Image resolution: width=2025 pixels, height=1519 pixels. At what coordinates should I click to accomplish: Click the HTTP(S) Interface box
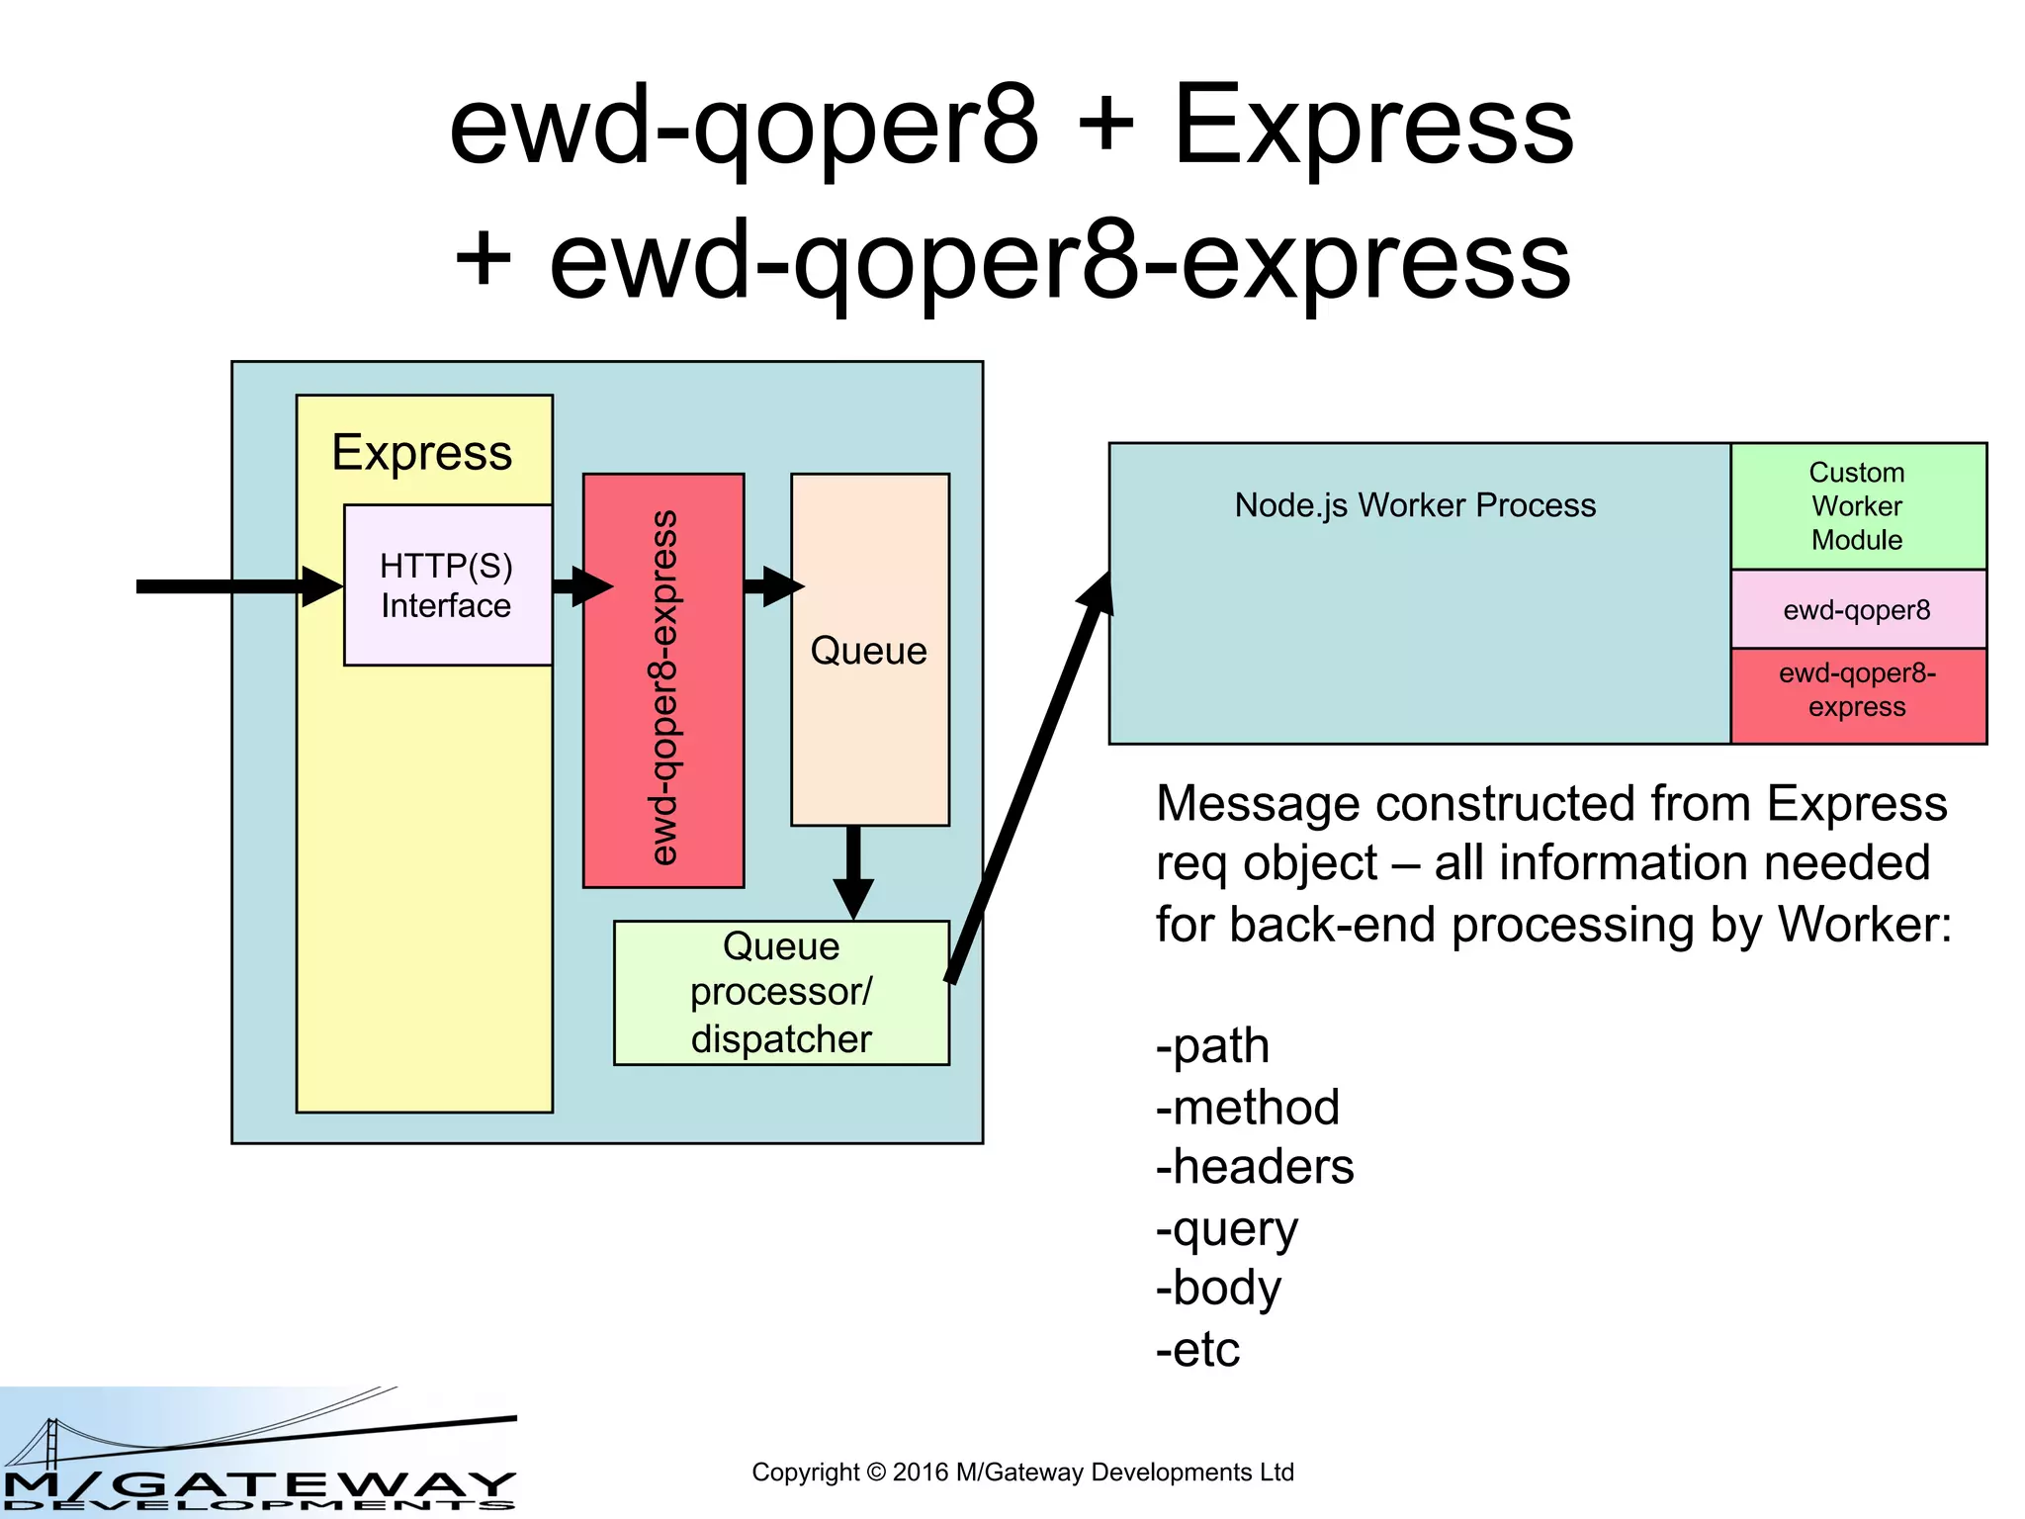(x=447, y=585)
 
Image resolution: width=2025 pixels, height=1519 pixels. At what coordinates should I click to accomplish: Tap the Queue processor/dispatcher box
(x=781, y=993)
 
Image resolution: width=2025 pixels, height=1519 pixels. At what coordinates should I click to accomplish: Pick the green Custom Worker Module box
(x=1857, y=506)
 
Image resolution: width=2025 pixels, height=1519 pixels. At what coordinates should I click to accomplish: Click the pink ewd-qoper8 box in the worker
(x=1857, y=609)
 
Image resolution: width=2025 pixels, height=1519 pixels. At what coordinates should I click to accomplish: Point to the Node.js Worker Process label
(x=1415, y=505)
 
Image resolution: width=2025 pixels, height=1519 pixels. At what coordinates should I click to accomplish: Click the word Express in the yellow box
(x=422, y=453)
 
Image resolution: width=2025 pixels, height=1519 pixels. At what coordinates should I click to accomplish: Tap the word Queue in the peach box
(x=869, y=651)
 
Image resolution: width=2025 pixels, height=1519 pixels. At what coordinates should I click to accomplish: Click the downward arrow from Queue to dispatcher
(x=853, y=870)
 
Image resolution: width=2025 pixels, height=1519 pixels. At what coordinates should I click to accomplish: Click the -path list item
(x=1213, y=1046)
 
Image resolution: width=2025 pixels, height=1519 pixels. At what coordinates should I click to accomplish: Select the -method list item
(x=1248, y=1108)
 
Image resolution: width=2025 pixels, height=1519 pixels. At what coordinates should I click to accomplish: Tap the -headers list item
(x=1255, y=1167)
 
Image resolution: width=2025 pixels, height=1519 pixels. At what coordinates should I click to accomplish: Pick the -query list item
(x=1227, y=1229)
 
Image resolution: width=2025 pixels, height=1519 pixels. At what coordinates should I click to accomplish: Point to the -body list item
(x=1218, y=1289)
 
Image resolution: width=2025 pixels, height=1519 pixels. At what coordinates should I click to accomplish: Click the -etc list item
(x=1198, y=1350)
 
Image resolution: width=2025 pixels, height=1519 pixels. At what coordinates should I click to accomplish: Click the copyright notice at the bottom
(x=1022, y=1473)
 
